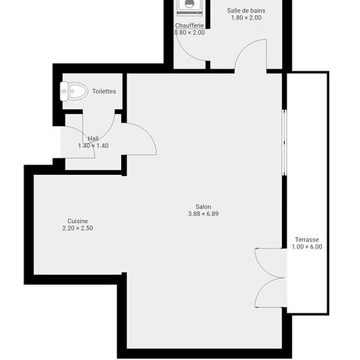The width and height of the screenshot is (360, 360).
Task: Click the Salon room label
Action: coord(203,206)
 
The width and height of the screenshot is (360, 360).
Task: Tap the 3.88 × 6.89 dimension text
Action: coord(203,214)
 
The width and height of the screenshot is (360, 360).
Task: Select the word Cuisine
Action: coord(78,221)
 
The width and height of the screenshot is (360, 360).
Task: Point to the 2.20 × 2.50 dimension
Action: coord(78,228)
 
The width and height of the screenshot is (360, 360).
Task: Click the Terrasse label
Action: coord(307,240)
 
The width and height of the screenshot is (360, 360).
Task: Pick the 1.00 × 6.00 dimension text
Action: coord(307,247)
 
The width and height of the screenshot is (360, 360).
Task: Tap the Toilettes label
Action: coord(104,91)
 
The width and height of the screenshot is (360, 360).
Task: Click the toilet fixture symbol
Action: coord(74,91)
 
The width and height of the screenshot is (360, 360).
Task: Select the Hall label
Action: coord(93,139)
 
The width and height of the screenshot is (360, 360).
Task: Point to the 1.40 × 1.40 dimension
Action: coord(93,145)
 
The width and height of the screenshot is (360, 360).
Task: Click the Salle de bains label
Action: coord(246,10)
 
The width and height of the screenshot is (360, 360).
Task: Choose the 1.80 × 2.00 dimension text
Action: coord(246,18)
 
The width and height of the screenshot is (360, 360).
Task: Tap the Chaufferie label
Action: coord(189,26)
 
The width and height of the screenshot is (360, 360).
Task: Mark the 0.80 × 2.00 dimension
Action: coord(190,32)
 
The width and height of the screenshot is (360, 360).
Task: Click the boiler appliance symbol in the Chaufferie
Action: coord(189,7)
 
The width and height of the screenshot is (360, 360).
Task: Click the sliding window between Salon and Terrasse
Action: coord(284,143)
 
